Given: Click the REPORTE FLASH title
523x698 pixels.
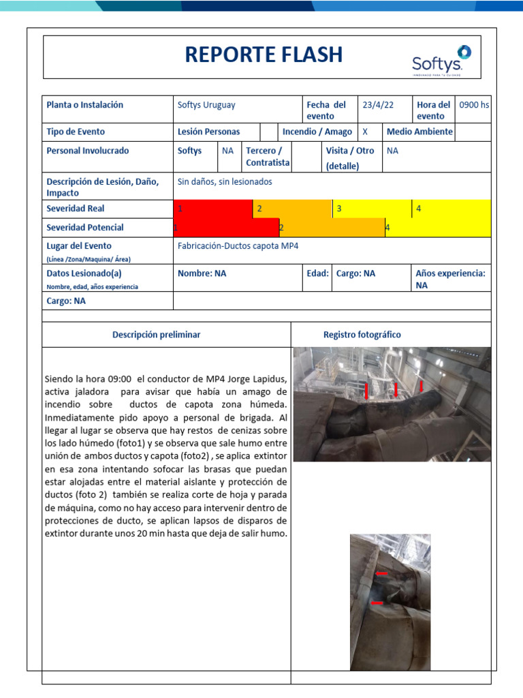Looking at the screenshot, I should point(264,55).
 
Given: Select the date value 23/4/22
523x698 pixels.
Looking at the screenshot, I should point(378,105).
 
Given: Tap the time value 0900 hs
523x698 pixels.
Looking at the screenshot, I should point(474,105).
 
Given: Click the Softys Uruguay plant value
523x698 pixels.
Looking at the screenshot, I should point(206,105).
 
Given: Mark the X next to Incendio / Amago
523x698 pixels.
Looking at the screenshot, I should point(365,132).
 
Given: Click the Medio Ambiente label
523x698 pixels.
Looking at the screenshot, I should point(419,132).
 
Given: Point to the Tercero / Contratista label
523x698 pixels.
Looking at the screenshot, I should point(268,157).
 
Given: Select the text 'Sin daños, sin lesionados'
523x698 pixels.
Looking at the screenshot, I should point(225,182).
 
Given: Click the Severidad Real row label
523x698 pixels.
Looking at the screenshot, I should point(76,209).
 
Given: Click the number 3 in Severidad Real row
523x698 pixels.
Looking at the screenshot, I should point(339,209).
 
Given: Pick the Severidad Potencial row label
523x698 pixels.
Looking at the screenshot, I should point(85,228).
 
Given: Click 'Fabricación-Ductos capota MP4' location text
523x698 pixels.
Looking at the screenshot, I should point(238,245).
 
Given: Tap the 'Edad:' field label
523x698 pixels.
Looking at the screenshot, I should point(318,273).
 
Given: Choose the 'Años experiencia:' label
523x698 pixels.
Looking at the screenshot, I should point(450,273).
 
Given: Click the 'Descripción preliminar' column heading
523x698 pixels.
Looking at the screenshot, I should point(157,335).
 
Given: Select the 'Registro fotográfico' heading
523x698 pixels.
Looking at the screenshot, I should point(362,335).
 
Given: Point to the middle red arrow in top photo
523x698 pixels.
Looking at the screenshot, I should point(396,389).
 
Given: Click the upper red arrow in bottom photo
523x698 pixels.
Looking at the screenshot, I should point(381,574).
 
